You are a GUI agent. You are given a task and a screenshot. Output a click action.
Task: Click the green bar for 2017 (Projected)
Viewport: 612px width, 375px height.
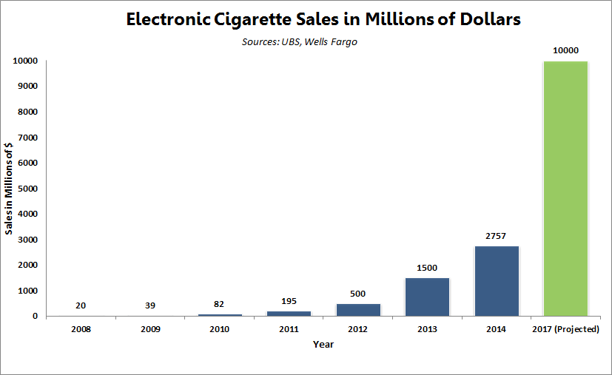(x=565, y=189)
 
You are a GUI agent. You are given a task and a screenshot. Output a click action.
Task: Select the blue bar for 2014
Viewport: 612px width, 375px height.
(x=497, y=281)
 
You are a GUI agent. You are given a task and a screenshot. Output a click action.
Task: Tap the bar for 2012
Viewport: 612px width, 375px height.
(x=358, y=310)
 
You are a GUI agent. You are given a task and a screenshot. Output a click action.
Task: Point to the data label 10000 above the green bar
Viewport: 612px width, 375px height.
(x=565, y=50)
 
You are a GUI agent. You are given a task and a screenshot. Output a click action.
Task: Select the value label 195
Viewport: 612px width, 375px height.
(x=289, y=301)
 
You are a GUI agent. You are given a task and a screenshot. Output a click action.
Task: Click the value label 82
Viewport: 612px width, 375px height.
(x=219, y=304)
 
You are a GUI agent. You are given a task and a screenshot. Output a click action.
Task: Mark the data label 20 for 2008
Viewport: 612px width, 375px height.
(x=81, y=305)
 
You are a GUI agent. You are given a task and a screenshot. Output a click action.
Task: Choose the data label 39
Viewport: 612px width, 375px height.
(x=150, y=305)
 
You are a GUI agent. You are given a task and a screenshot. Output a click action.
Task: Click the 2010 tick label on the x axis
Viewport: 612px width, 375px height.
(x=219, y=328)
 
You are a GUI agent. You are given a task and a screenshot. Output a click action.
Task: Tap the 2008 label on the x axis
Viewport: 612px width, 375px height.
(x=81, y=328)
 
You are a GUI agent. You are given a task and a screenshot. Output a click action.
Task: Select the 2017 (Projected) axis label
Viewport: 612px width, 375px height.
(x=565, y=328)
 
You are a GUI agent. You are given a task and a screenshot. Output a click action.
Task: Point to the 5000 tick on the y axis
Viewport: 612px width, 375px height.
(x=28, y=189)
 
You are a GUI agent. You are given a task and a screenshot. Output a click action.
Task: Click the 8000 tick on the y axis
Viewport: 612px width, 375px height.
(x=28, y=112)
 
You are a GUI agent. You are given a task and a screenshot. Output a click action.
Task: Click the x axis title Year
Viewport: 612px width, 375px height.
(x=323, y=344)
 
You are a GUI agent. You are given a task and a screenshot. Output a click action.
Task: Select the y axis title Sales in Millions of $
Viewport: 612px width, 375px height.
(x=10, y=189)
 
